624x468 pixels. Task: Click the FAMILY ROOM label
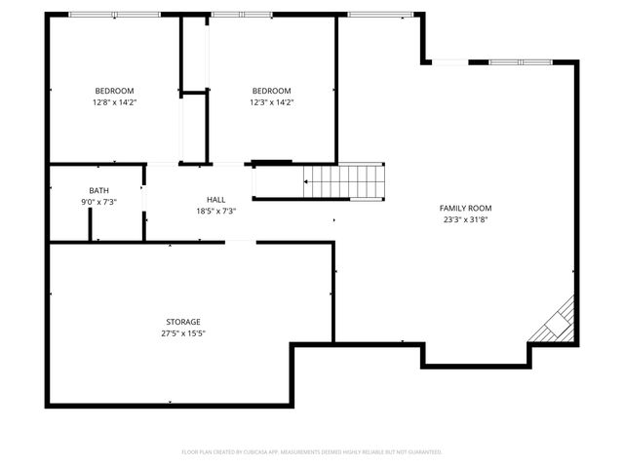click(465, 208)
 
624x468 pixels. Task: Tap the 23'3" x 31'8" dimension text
click(465, 219)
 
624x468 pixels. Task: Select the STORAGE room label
click(182, 322)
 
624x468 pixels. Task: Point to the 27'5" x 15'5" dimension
click(182, 333)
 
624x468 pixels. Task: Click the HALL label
click(215, 199)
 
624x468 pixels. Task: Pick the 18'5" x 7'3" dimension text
click(215, 211)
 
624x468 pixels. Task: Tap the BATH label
click(98, 190)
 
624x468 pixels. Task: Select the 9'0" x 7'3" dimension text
click(98, 202)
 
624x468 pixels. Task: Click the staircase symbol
click(343, 179)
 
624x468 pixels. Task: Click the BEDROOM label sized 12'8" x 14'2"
click(114, 91)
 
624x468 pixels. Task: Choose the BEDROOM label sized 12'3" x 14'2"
click(271, 91)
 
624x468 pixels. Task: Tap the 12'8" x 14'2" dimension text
click(114, 102)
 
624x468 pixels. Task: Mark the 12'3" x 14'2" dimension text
click(271, 102)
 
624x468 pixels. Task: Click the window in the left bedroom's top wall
click(114, 15)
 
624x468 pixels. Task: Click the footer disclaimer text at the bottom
click(312, 451)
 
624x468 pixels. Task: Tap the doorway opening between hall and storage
click(241, 242)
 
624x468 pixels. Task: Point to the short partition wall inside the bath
click(91, 224)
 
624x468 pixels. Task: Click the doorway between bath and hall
click(144, 196)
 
